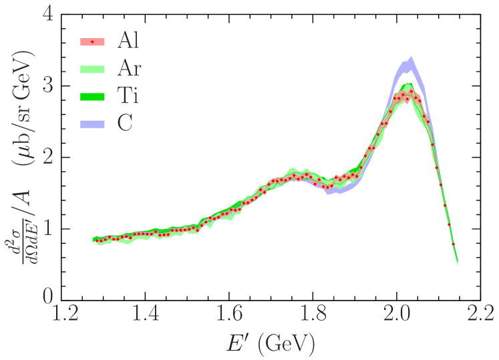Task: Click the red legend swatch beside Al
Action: tap(92, 41)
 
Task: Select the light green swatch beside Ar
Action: tap(92, 69)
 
